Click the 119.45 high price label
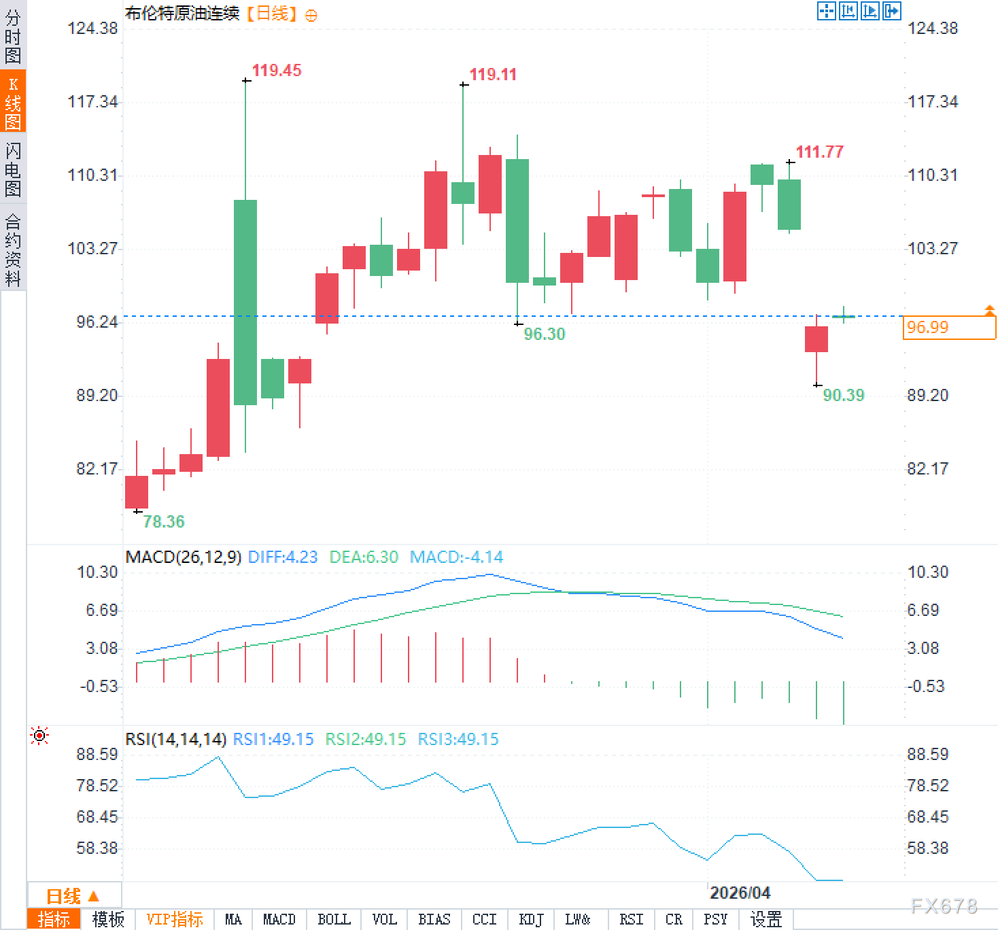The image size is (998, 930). click(x=276, y=71)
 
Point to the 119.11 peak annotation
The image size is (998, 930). click(x=493, y=75)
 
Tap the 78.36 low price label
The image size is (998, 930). click(x=164, y=521)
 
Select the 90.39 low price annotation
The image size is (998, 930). click(x=843, y=395)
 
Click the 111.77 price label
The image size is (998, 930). click(x=819, y=152)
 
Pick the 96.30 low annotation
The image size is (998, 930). click(x=544, y=334)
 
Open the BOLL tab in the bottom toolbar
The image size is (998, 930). click(x=334, y=919)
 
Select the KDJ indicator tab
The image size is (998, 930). click(x=531, y=919)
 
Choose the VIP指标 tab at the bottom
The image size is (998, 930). click(x=175, y=919)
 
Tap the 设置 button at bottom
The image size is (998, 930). click(x=765, y=919)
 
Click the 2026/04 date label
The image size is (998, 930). click(x=740, y=893)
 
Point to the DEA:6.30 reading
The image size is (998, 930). click(x=364, y=557)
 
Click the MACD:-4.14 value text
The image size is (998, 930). click(x=456, y=557)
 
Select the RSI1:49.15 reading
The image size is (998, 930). click(x=273, y=739)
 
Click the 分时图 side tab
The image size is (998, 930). click(x=13, y=37)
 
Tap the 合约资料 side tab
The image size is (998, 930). click(x=13, y=249)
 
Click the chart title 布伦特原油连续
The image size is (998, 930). click(x=182, y=13)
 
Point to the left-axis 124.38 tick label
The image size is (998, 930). click(x=92, y=29)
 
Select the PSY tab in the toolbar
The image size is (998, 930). click(x=715, y=919)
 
